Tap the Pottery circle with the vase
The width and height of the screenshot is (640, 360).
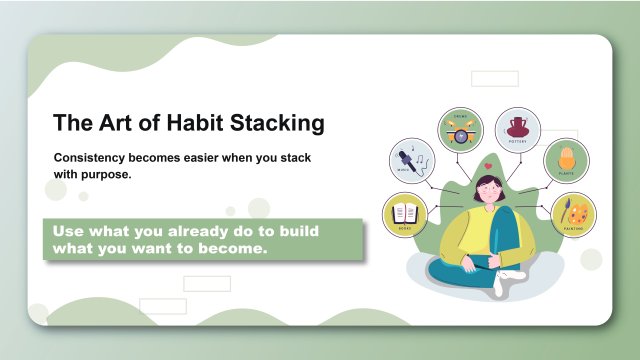pos(517,129)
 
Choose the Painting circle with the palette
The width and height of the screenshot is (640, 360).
pos(573,213)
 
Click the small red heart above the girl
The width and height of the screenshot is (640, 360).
pos(485,166)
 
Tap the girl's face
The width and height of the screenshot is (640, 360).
pos(486,190)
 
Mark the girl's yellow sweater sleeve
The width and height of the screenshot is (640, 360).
pos(458,235)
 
